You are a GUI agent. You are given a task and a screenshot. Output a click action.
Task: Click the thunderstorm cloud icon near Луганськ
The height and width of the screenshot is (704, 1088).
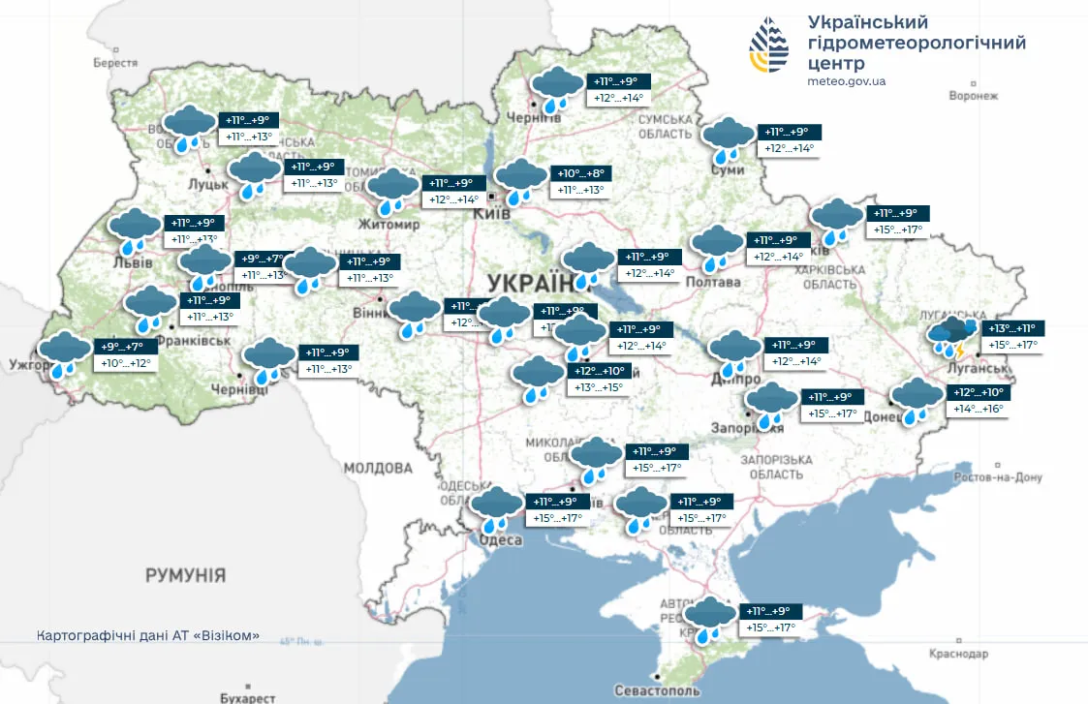(951, 338)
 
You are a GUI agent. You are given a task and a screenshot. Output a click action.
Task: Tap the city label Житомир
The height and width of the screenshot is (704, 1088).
(389, 226)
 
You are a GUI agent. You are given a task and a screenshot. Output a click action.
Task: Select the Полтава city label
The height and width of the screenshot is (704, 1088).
(712, 283)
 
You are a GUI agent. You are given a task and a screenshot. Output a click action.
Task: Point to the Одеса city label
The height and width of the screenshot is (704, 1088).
(501, 540)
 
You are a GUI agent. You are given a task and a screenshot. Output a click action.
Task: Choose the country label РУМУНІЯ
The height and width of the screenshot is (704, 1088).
(185, 575)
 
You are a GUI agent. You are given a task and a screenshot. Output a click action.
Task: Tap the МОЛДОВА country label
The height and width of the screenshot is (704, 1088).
(378, 468)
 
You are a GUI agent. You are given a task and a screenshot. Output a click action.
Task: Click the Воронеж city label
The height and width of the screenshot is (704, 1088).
(973, 96)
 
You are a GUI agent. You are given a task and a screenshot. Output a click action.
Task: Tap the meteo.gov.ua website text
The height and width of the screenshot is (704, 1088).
(846, 81)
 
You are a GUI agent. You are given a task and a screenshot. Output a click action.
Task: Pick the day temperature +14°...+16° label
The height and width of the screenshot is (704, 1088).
(979, 410)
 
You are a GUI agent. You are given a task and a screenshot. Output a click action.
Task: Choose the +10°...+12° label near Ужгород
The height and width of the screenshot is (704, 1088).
(127, 363)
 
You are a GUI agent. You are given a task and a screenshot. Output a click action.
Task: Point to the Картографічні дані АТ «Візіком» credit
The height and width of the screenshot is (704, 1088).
(147, 635)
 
